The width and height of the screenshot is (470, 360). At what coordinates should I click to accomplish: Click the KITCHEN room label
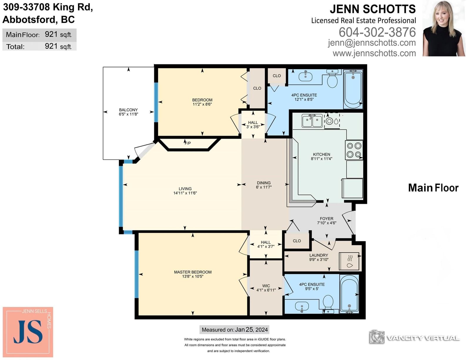(321, 154)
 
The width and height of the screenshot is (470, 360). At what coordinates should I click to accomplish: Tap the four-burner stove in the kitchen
(354, 150)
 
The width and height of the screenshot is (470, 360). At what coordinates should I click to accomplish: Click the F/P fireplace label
(188, 143)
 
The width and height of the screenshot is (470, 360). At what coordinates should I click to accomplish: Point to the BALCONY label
(128, 110)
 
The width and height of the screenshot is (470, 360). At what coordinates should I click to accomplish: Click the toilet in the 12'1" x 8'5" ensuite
(332, 78)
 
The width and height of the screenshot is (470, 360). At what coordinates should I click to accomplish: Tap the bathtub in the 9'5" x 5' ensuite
(349, 294)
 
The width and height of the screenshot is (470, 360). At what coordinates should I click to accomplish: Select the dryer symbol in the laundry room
(349, 261)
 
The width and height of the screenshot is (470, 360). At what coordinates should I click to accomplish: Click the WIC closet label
(266, 286)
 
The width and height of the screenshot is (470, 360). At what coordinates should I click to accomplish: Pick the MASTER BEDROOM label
(193, 272)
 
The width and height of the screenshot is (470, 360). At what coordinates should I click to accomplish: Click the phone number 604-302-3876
(377, 32)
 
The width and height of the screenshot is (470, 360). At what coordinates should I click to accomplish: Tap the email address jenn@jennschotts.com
(372, 43)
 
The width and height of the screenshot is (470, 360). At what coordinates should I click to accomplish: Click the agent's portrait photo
(444, 28)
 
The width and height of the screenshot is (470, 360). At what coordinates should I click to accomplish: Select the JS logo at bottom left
(28, 332)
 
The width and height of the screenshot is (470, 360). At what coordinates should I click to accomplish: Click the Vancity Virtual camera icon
(377, 337)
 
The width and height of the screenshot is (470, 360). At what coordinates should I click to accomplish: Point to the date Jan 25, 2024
(251, 330)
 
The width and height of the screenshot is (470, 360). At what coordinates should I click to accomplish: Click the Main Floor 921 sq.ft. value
(58, 34)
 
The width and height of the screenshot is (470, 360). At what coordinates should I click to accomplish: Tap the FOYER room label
(327, 219)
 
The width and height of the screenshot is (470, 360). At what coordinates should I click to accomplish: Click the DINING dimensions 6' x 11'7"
(264, 187)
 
